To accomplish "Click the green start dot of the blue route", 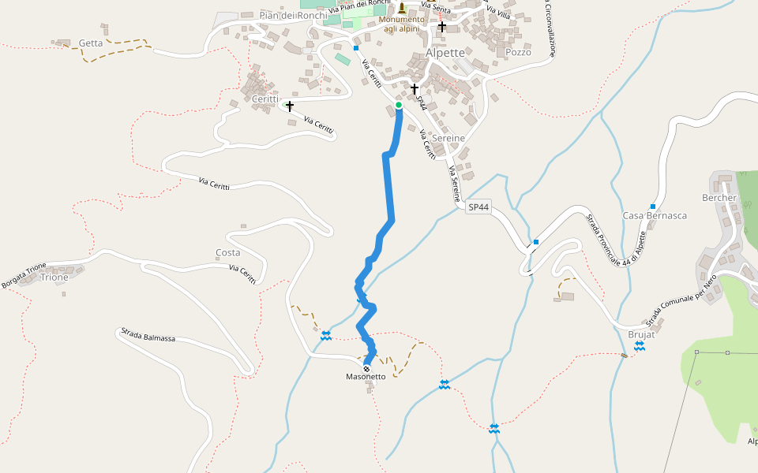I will click(399, 105).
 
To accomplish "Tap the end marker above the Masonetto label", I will click(366, 368).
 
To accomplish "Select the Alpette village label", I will click(445, 53).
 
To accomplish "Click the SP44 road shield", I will click(478, 207).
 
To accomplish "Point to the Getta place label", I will click(91, 43).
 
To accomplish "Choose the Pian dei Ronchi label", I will click(293, 15).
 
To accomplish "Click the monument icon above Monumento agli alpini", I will click(401, 8).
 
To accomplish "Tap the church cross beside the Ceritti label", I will click(290, 106).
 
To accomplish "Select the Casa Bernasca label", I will click(655, 215).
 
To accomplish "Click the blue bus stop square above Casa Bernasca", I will click(653, 206).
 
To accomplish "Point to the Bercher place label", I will click(719, 197).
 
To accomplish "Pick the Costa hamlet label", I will click(227, 253).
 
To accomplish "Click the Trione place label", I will click(54, 277).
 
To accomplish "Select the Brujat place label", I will click(641, 334).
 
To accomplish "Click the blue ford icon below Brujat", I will click(640, 346).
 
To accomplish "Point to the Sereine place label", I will click(448, 138).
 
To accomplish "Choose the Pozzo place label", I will click(518, 52).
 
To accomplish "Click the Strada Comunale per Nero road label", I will click(681, 301).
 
